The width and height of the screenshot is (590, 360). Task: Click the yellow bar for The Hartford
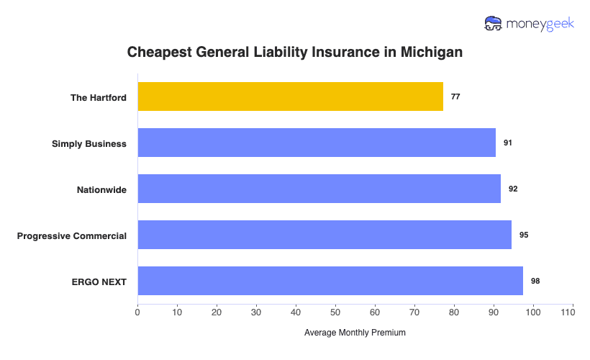[290, 96]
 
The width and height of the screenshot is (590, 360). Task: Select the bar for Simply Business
[317, 143]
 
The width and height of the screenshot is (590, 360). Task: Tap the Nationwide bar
[319, 189]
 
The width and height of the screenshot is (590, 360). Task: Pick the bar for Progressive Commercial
[324, 235]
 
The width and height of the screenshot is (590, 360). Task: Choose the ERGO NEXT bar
[330, 281]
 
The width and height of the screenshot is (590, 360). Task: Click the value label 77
[455, 96]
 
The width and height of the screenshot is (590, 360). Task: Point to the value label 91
[508, 143]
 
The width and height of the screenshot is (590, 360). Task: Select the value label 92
[513, 189]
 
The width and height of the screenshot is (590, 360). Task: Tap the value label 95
[524, 235]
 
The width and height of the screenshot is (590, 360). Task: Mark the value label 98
[535, 281]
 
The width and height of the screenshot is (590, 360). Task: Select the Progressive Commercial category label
[72, 235]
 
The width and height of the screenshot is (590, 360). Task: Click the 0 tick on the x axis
[137, 312]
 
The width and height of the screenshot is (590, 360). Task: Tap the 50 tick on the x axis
[335, 312]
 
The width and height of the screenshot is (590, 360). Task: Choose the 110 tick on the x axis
[573, 312]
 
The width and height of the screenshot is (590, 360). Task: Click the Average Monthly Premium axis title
[355, 333]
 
